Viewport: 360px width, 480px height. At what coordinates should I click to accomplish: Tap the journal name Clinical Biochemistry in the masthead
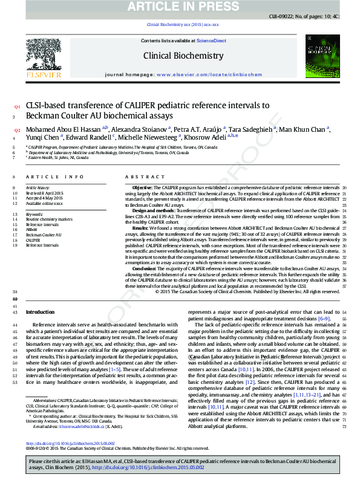click(183, 56)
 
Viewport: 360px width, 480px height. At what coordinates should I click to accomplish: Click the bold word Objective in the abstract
click(143, 188)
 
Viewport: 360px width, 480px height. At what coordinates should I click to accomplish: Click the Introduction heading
click(40, 313)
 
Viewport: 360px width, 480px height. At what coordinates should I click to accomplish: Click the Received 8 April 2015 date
click(43, 193)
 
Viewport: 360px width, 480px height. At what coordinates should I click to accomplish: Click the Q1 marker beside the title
click(17, 106)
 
